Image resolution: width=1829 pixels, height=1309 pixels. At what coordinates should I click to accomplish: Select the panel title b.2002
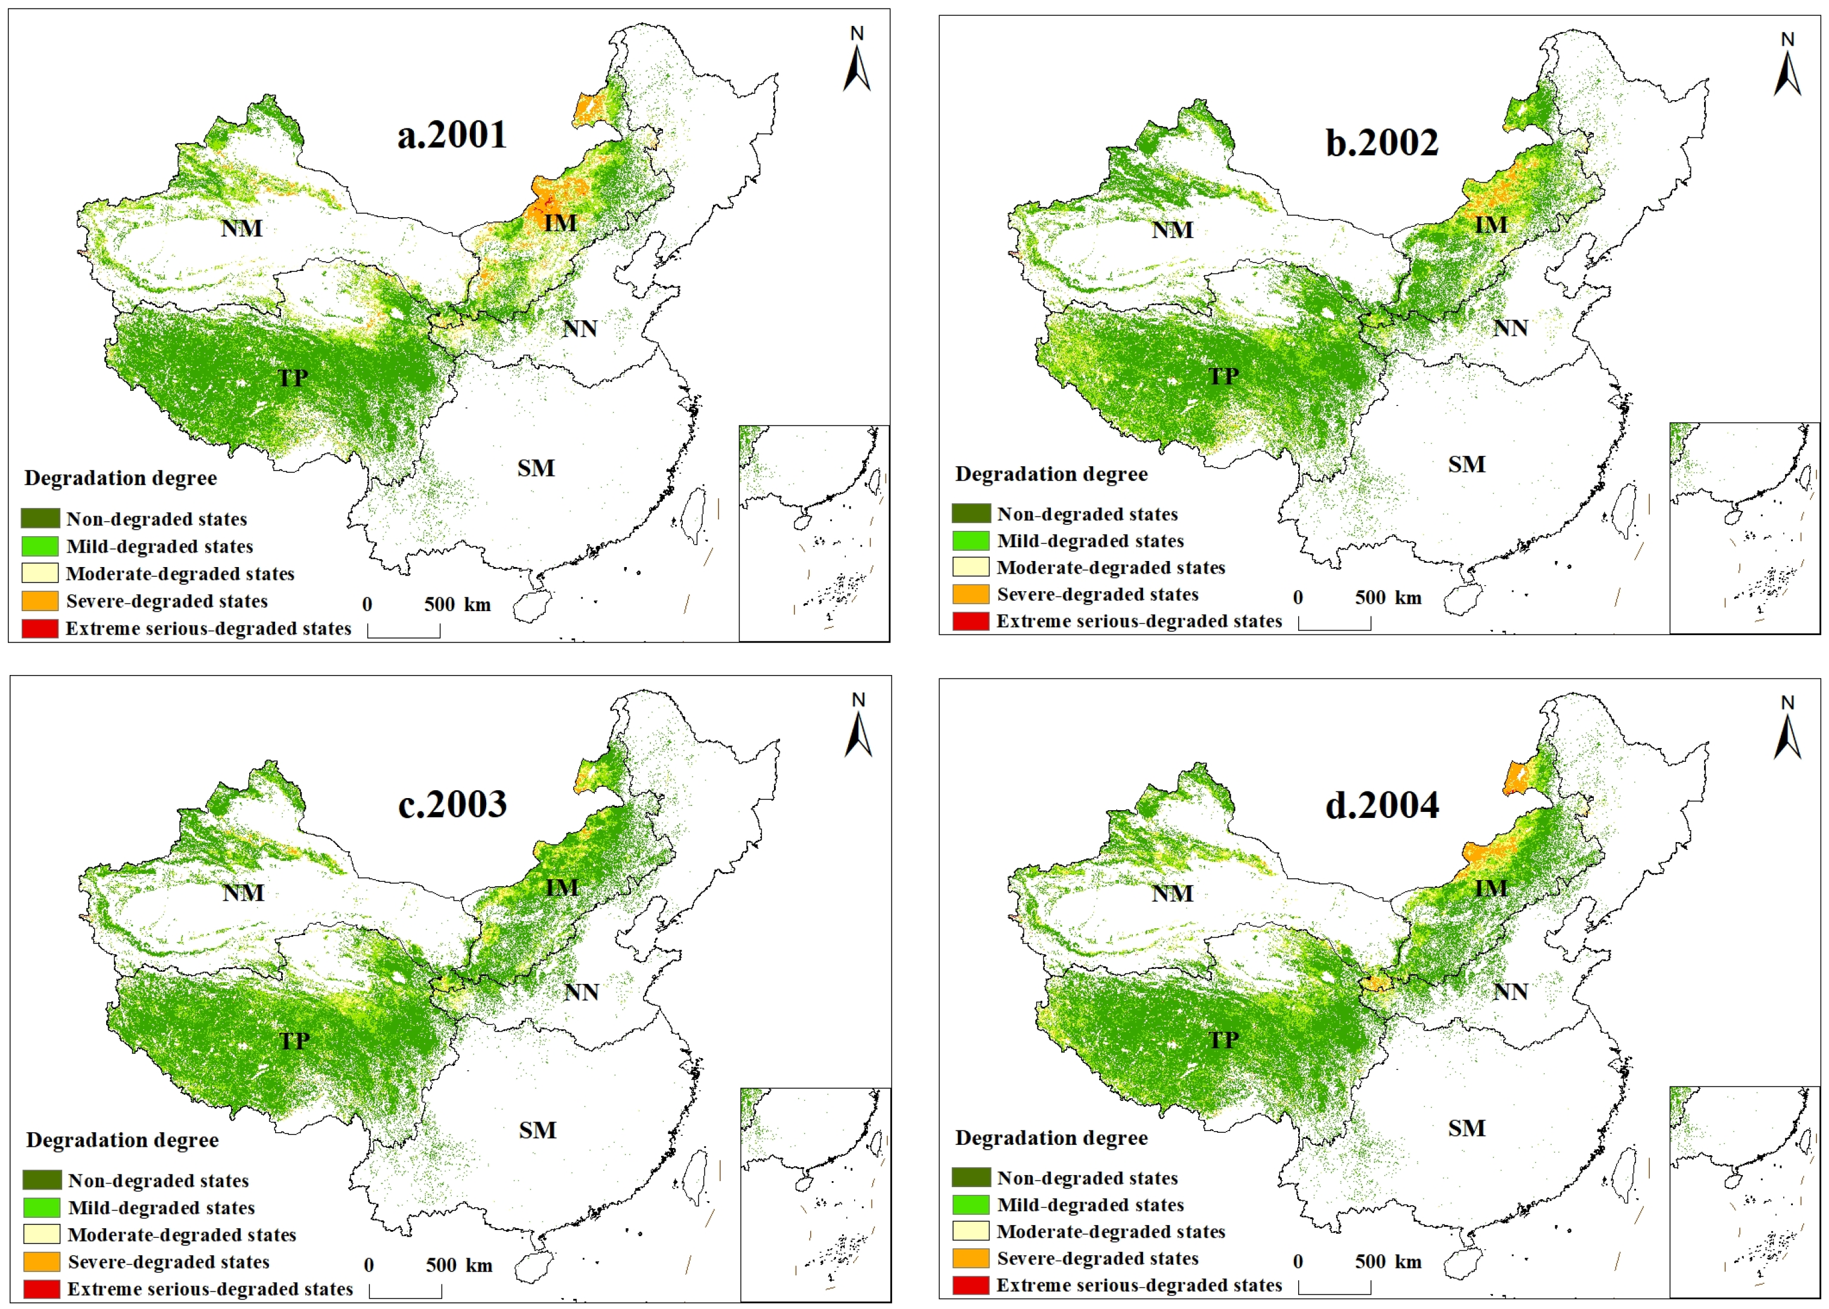tap(1381, 143)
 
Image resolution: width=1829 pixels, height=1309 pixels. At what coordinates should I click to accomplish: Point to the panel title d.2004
tap(1381, 805)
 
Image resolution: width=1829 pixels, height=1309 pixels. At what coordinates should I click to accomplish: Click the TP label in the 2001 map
tap(293, 377)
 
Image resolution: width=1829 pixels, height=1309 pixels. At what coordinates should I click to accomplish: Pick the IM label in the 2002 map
tap(1491, 225)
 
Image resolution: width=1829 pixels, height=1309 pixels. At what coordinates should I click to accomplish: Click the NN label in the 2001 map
tap(580, 329)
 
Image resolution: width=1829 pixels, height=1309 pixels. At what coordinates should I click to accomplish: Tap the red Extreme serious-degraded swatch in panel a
tap(39, 629)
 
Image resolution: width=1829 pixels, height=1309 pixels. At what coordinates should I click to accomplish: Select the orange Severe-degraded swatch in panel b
tap(970, 595)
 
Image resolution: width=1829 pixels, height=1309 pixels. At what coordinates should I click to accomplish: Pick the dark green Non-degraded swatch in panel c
tap(42, 1180)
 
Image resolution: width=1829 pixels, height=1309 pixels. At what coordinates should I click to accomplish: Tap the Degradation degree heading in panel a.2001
tap(120, 478)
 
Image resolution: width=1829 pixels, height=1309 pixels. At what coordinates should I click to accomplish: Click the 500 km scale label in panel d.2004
tap(1387, 1261)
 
